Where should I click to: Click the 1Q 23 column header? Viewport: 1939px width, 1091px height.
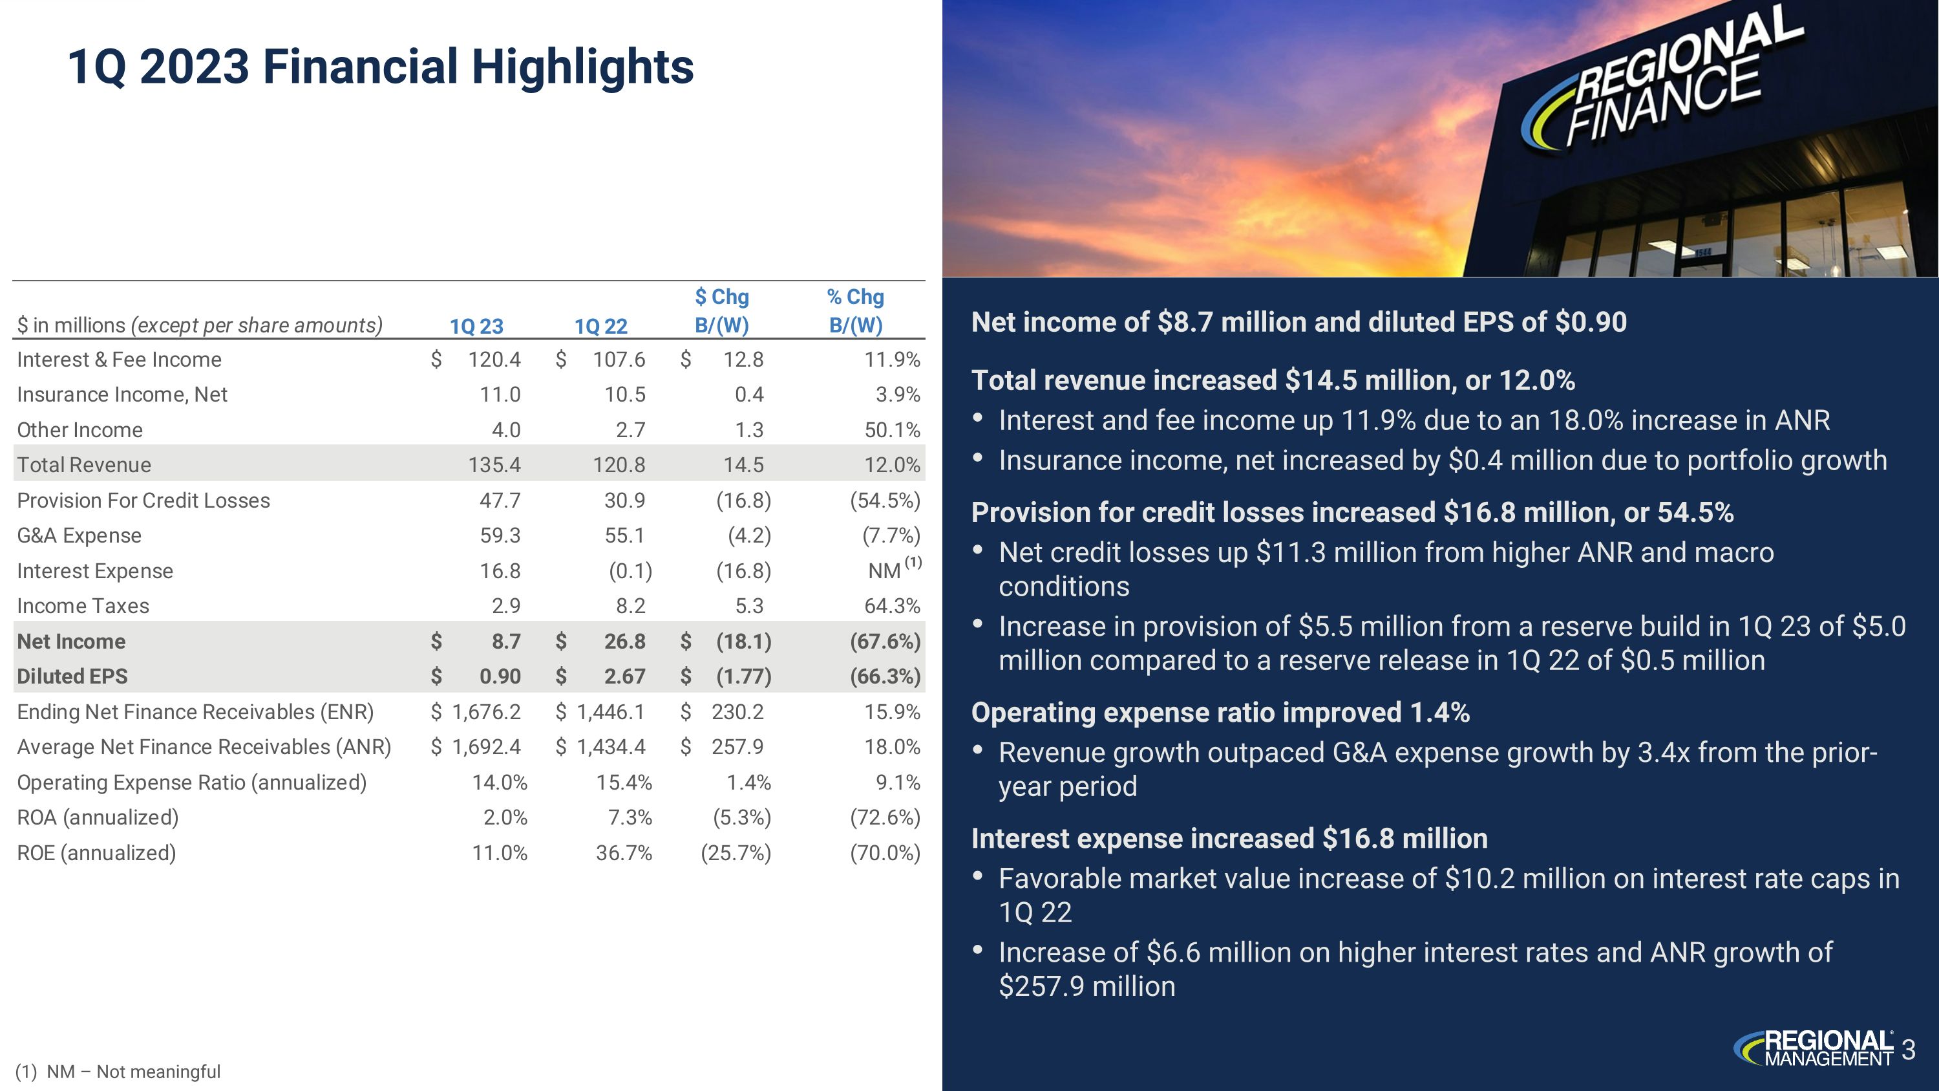coord(476,326)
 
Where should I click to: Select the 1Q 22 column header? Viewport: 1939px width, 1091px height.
coord(600,326)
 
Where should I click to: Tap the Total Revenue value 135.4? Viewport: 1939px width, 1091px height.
coord(494,464)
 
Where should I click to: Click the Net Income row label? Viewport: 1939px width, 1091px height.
coord(72,642)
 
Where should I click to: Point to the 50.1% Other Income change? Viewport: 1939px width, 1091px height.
coord(892,430)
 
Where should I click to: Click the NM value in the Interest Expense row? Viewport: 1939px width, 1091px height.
coord(884,571)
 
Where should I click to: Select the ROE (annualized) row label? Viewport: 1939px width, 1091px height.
coord(96,853)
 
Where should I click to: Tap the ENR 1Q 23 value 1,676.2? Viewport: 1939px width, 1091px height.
coord(485,711)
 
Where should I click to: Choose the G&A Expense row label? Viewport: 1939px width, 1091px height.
coord(79,535)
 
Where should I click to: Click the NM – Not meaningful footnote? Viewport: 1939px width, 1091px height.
coord(119,1072)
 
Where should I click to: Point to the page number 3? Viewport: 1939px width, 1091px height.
coord(1908,1049)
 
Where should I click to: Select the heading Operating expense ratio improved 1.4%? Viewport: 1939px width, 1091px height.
coord(1220,712)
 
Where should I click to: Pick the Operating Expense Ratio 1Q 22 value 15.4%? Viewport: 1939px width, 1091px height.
coord(623,783)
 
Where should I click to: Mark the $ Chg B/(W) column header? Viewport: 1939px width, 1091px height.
coord(722,311)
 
